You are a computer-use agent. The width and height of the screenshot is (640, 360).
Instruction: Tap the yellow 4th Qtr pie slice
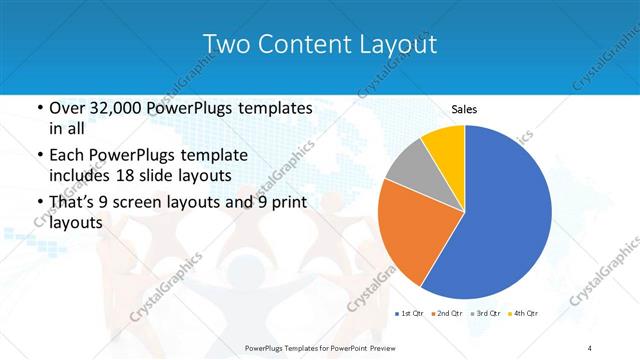[444, 145]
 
